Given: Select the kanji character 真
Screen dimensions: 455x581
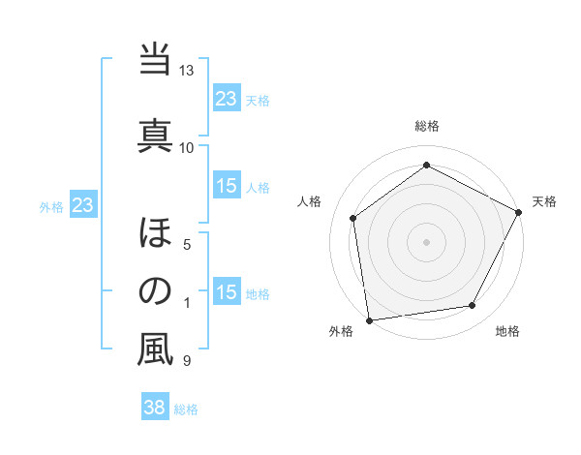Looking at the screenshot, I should point(155,133).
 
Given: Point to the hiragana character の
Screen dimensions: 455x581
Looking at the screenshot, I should point(155,291).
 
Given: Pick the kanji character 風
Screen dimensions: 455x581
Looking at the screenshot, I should point(155,349).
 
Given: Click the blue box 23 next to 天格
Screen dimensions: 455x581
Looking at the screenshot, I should point(227,99).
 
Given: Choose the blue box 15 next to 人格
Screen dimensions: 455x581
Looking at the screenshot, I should point(227,187).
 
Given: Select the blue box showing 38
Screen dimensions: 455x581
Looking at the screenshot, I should point(154,409).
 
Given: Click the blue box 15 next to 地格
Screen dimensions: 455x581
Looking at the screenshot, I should point(227,293).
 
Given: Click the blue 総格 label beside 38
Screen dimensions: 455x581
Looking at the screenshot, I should point(186,409).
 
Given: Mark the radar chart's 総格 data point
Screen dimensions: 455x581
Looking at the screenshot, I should point(426,166).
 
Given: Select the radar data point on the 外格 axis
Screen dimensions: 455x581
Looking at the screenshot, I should point(369,319).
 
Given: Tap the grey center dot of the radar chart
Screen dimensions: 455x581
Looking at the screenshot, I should point(426,241).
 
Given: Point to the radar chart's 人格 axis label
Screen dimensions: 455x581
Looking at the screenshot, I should point(310,201).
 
